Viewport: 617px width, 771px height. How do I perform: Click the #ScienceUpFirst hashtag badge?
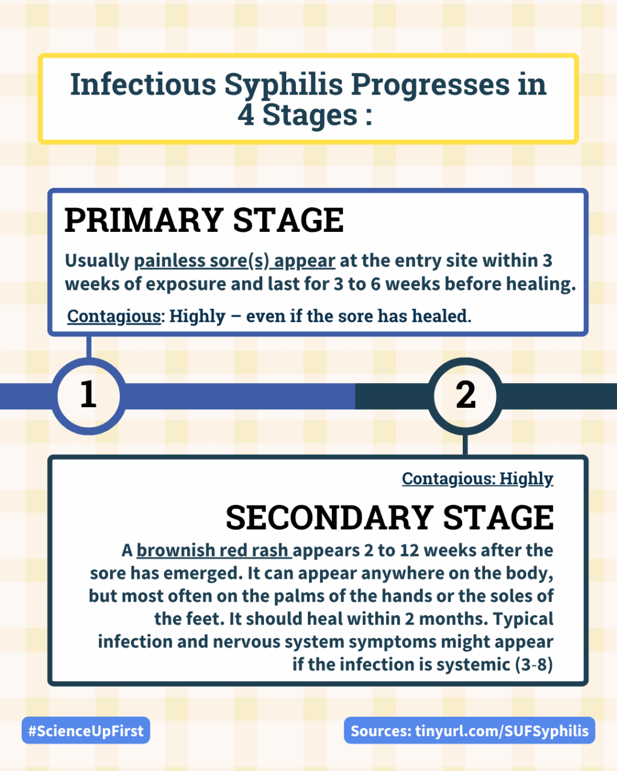coord(86,731)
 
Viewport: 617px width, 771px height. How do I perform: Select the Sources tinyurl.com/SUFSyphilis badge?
coord(469,731)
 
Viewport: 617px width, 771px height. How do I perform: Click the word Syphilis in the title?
coord(284,86)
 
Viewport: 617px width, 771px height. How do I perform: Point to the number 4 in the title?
coord(246,115)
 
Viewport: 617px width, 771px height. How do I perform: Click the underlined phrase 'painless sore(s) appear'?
coord(235,261)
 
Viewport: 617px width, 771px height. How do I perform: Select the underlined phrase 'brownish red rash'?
coord(214,550)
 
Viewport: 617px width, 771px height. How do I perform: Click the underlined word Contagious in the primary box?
coord(114,316)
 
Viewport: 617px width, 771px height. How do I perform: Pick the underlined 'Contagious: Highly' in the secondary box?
coord(478,479)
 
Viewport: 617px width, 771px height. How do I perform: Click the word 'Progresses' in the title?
coord(430,86)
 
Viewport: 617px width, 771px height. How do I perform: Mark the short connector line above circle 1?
coord(89,347)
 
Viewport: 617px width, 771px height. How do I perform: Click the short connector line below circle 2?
coord(465,445)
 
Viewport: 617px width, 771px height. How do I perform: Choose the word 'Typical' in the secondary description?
coord(524,619)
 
